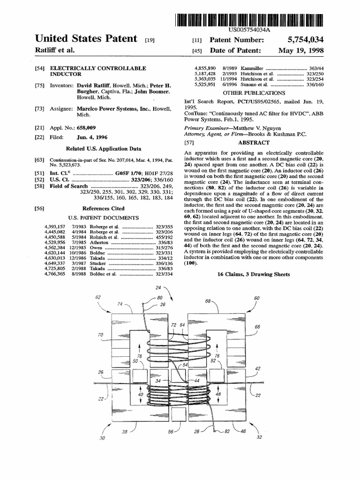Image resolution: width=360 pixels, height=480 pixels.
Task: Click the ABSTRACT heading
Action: [254, 142]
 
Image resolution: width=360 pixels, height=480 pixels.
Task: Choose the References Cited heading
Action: [104, 208]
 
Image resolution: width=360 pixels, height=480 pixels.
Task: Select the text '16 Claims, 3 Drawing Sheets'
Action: [254, 274]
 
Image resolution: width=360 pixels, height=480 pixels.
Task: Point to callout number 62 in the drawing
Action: [98, 298]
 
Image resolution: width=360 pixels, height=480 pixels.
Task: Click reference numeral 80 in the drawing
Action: [160, 298]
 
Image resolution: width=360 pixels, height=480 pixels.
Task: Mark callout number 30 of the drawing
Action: [103, 438]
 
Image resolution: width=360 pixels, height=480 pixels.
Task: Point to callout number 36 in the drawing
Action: [100, 372]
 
